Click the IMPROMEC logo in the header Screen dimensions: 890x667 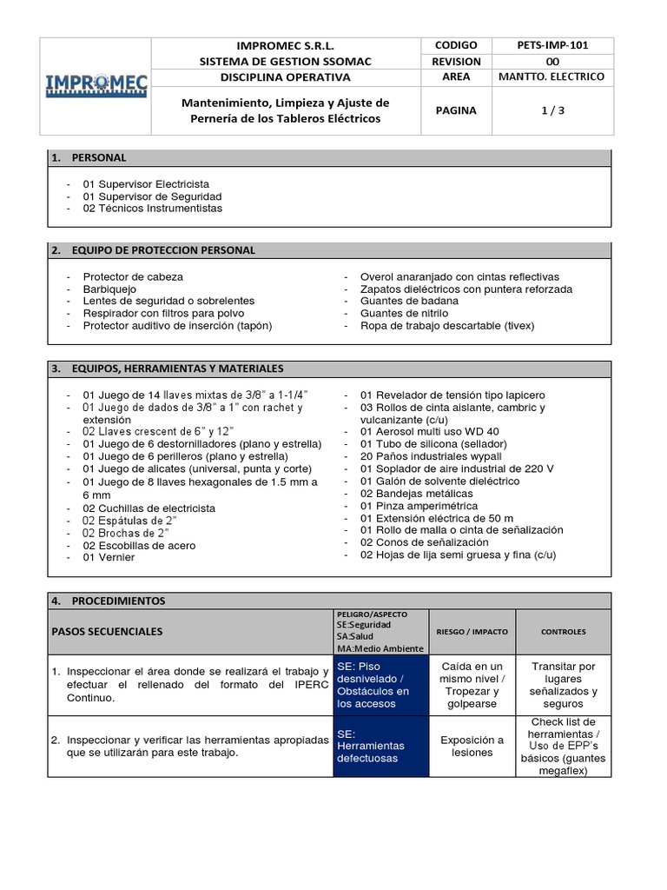[97, 85]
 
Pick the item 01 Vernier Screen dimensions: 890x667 [109, 557]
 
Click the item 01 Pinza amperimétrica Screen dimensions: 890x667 [419, 505]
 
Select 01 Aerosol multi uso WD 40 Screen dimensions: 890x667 [429, 431]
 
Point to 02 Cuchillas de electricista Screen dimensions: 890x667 [149, 508]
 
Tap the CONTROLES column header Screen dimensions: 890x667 [563, 631]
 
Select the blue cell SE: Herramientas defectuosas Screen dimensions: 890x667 [380, 746]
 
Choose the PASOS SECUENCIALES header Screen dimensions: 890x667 [107, 631]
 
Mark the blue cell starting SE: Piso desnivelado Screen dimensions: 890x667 [380, 685]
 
